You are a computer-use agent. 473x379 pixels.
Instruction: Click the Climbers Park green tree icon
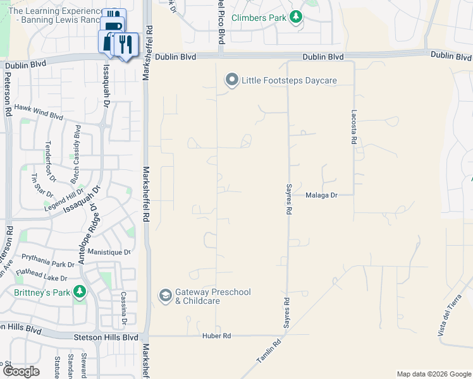coord(295,18)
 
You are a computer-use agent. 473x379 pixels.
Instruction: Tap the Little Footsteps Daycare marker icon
coord(231,80)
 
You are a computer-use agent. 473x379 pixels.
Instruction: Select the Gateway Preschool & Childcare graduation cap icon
coord(165,296)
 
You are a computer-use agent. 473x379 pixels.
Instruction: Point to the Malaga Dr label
coord(322,195)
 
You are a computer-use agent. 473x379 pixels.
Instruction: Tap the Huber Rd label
coord(216,335)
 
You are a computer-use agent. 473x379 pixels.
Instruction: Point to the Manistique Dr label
coord(109,252)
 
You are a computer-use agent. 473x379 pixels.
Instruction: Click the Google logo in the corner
coord(21,371)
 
